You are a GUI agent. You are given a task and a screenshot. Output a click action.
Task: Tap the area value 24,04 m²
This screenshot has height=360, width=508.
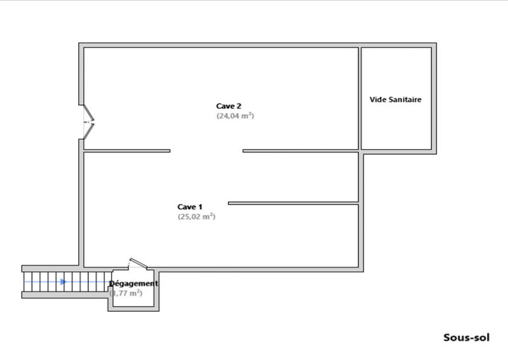point(235,116)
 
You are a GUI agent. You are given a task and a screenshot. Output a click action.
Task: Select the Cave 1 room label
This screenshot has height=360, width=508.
point(190,206)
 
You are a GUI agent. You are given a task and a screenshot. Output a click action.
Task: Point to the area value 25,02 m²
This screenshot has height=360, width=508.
point(196,217)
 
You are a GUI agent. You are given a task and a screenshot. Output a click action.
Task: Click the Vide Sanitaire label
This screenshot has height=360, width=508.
point(396,100)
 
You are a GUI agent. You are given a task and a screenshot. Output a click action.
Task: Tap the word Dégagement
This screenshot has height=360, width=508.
point(133,283)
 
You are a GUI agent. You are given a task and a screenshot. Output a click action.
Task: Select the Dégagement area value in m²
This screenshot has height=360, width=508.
point(126,293)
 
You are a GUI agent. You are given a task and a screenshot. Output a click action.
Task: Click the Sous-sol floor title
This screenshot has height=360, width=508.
point(466,338)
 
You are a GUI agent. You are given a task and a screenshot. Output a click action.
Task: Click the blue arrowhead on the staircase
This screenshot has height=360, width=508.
point(63,281)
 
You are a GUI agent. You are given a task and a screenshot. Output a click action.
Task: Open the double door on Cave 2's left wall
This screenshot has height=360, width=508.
point(89,121)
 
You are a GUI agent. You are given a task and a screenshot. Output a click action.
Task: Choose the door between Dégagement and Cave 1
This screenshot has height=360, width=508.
point(138,263)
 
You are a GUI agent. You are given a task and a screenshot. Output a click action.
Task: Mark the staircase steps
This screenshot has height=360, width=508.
point(63,281)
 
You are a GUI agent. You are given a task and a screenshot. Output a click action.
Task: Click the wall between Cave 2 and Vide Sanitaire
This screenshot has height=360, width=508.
point(360,98)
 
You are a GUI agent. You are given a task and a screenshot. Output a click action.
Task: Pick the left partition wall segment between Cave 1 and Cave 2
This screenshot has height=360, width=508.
point(127,150)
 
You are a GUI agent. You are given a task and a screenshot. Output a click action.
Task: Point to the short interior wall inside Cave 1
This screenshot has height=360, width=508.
point(293,203)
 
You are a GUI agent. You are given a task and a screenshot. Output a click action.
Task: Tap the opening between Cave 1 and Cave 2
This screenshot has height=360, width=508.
point(206,150)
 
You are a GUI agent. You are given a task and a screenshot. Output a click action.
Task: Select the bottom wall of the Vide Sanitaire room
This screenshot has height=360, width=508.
point(399,151)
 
